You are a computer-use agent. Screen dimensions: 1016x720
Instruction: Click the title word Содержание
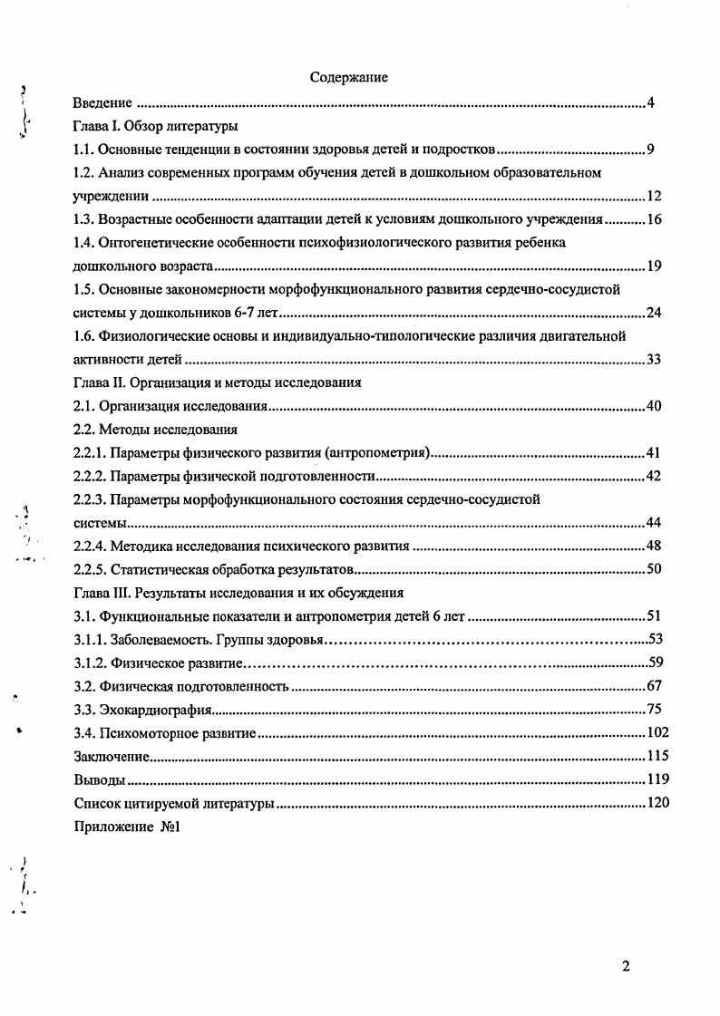point(348,78)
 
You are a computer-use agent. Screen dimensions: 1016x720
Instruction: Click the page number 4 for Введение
point(651,102)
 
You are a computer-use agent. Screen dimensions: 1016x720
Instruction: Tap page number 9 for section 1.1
point(651,150)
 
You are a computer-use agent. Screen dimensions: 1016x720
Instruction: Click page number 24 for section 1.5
point(654,314)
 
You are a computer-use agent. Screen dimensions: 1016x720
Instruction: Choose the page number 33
point(654,360)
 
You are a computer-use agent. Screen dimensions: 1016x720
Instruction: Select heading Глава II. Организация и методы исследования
point(217,382)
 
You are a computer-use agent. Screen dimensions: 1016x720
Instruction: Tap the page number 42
point(654,476)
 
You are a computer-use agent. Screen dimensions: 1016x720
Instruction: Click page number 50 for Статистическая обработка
point(654,569)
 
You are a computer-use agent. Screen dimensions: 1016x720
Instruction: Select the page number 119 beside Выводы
point(657,779)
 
